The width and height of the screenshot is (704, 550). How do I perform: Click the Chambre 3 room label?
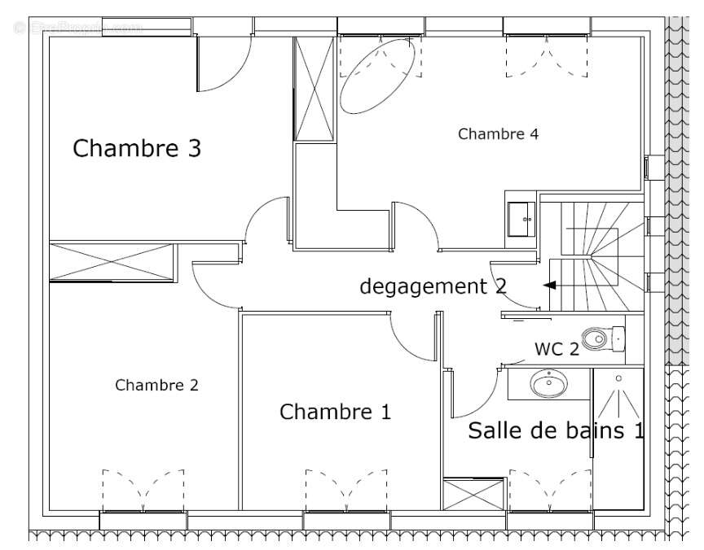[x=137, y=149]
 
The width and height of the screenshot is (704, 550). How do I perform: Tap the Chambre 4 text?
[x=498, y=134]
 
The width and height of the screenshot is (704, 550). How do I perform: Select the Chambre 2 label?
[x=156, y=386]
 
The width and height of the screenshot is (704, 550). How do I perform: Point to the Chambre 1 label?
[x=335, y=412]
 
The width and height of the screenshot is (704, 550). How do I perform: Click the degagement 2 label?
[x=433, y=286]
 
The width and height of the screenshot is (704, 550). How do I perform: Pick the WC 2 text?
[x=557, y=349]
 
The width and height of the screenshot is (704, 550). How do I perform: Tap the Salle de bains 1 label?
[x=556, y=430]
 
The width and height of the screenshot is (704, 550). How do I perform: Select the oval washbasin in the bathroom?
[x=548, y=382]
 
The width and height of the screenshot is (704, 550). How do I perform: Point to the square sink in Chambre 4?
[x=521, y=218]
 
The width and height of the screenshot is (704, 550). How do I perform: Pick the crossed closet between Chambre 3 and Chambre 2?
[x=112, y=262]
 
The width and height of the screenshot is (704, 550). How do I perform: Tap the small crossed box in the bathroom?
[x=473, y=494]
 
